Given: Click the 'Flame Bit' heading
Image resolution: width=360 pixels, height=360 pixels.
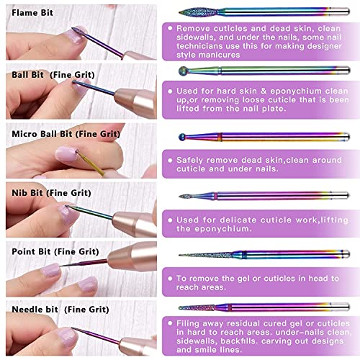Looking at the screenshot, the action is [32, 13].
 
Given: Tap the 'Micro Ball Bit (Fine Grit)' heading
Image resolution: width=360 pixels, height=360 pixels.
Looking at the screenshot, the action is [66, 134].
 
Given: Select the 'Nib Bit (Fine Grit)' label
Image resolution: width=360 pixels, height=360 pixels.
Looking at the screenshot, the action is [51, 193].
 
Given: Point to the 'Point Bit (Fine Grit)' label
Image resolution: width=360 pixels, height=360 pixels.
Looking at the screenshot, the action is [55, 252].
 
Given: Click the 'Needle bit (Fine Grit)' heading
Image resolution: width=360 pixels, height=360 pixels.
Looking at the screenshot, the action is [60, 310].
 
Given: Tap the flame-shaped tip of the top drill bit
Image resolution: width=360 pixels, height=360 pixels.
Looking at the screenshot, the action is [199, 12].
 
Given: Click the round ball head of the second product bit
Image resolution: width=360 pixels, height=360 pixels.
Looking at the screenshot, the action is [184, 71].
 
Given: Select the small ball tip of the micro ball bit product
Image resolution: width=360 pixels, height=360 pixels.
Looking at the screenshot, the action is [182, 137].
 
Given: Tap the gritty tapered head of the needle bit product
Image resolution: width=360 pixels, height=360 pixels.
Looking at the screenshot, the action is [197, 307].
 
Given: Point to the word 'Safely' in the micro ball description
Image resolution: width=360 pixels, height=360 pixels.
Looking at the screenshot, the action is [189, 161].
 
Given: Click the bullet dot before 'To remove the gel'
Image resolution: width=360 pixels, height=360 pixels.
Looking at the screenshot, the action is [170, 279].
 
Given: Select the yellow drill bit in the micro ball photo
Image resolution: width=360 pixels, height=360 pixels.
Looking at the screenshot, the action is [90, 163].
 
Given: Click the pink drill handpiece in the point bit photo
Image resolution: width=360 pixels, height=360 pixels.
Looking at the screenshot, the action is [132, 256].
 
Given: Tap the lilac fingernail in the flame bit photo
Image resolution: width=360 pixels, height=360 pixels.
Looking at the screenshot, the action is [75, 36].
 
